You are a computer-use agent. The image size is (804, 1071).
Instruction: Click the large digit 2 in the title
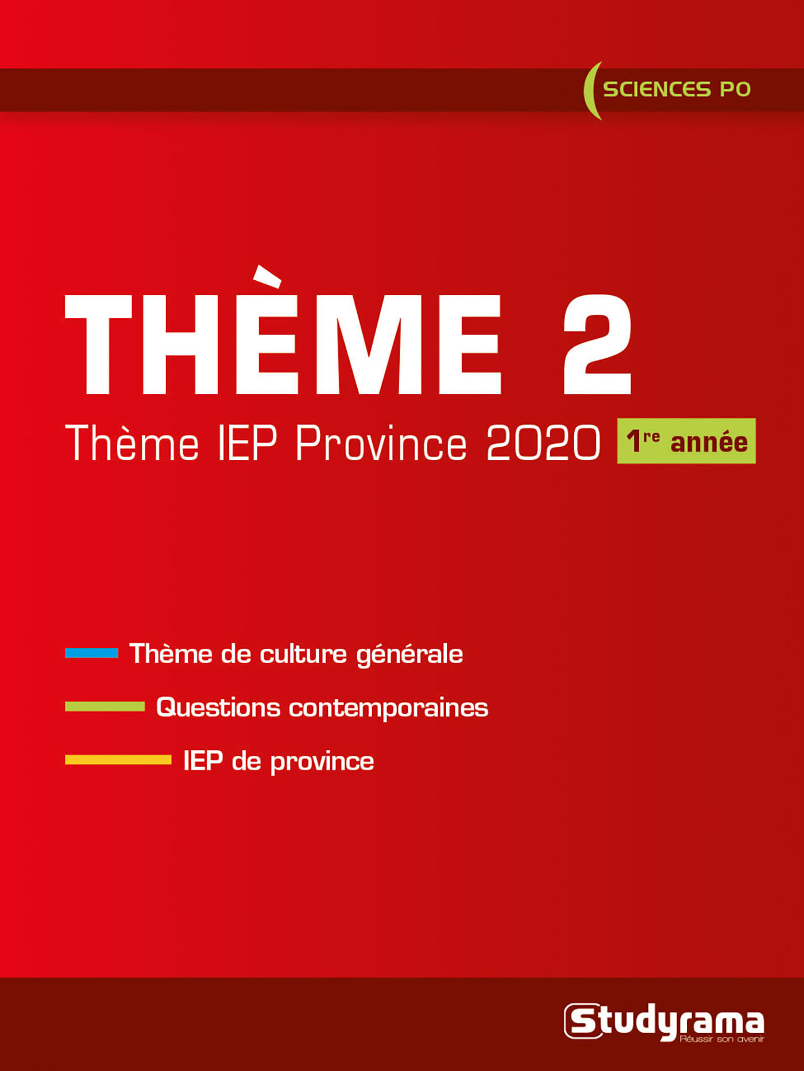[597, 345]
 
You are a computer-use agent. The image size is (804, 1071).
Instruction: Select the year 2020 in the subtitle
[543, 443]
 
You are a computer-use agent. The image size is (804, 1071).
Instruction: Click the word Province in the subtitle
[381, 443]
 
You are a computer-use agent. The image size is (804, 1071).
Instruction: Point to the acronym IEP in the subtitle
[248, 443]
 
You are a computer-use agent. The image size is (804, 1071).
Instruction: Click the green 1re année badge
[686, 441]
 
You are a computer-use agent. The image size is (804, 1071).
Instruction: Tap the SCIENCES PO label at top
[677, 90]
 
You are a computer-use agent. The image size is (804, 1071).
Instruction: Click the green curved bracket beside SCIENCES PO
[591, 91]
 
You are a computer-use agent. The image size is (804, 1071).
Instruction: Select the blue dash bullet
[91, 653]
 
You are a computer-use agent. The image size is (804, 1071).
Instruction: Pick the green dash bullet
[105, 706]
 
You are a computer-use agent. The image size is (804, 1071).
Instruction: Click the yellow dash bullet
[118, 760]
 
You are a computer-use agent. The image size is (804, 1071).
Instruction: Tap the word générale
[409, 655]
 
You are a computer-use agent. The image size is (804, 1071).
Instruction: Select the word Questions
[218, 707]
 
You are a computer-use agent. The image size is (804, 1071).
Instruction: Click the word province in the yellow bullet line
[322, 762]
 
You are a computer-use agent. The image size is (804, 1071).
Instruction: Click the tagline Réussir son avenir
[721, 1039]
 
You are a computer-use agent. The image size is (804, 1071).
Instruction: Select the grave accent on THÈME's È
[268, 276]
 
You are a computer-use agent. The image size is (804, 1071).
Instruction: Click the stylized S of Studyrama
[583, 1021]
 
